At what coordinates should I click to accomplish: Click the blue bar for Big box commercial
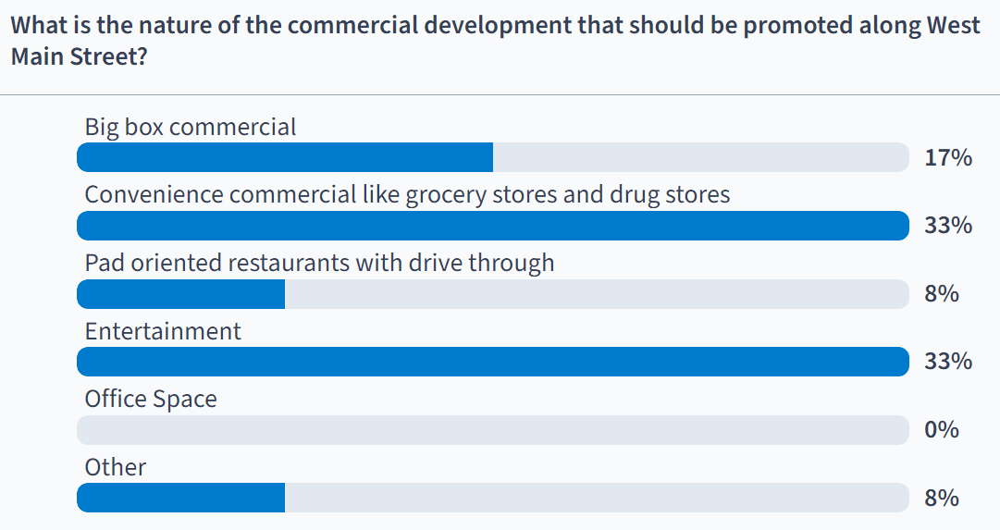[x=285, y=157]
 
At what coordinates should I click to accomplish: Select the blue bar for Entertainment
[x=493, y=362]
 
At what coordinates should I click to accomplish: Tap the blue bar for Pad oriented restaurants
[x=180, y=294]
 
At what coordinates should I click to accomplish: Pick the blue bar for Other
[x=180, y=499]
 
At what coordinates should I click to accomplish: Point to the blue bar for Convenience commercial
[x=493, y=226]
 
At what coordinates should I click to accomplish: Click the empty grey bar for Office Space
[x=493, y=430]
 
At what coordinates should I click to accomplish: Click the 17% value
[x=948, y=158]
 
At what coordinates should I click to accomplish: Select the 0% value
[x=942, y=430]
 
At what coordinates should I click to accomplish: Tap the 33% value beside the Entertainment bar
[x=948, y=362]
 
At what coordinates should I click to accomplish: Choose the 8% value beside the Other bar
[x=942, y=499]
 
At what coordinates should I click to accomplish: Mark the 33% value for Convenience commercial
[x=948, y=226]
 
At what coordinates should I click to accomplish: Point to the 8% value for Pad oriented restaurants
[x=942, y=294]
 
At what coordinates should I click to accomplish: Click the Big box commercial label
[x=191, y=127]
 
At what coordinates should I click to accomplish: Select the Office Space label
[x=151, y=400]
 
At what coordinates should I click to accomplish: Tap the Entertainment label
[x=163, y=331]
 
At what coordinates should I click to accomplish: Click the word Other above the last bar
[x=116, y=467]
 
